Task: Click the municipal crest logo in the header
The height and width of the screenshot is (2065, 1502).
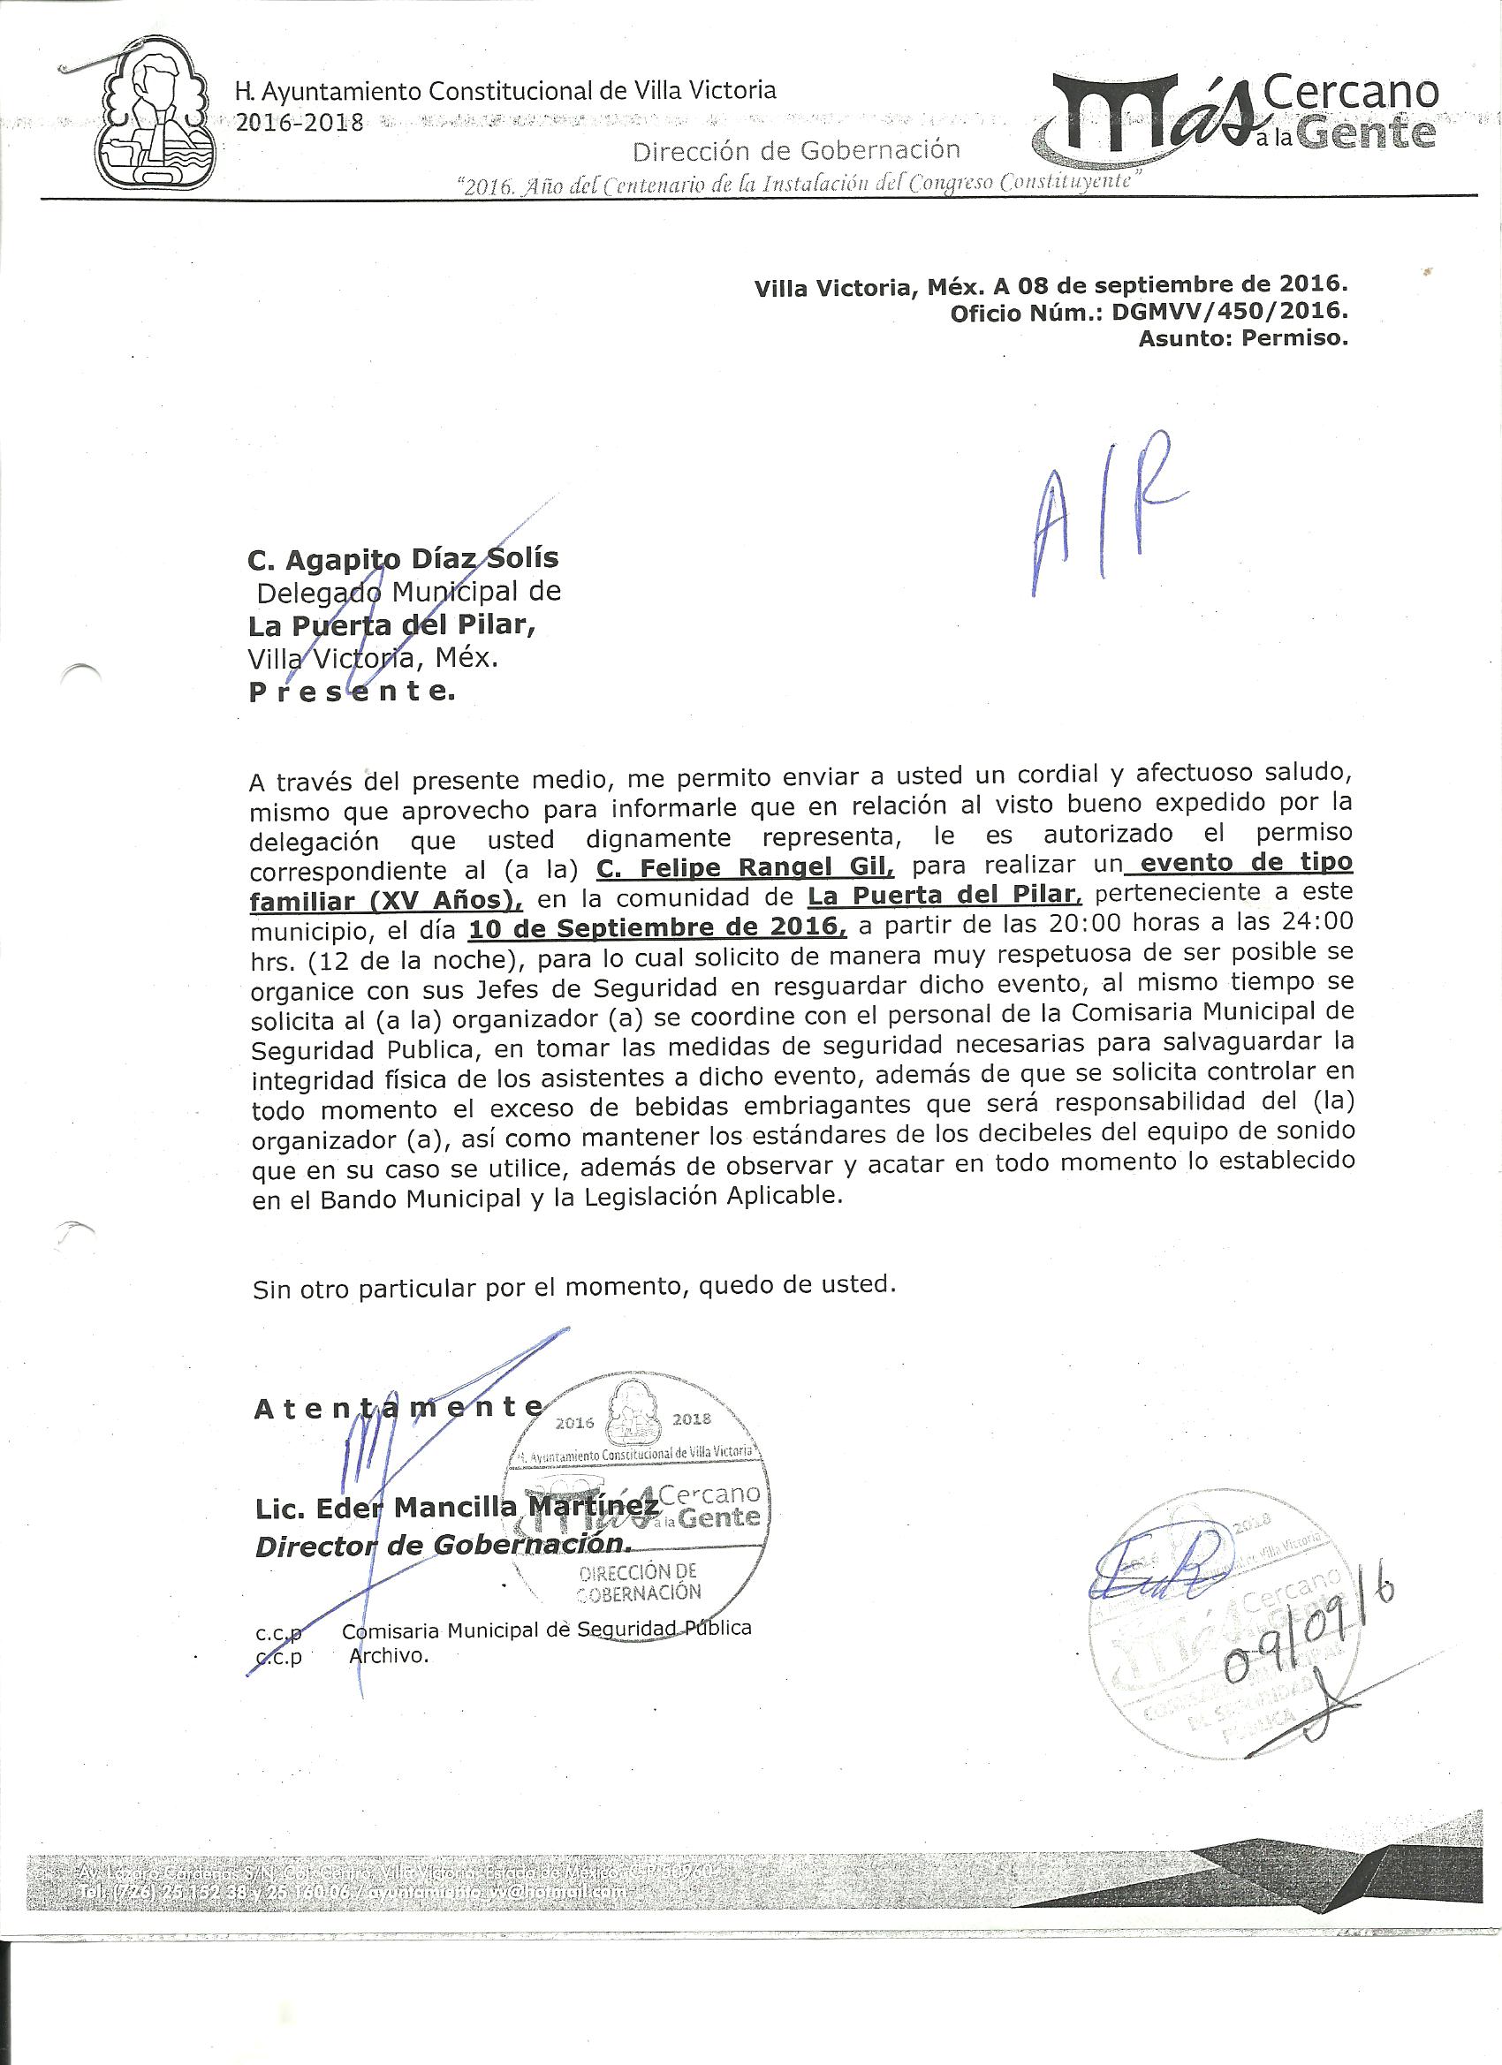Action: tap(156, 119)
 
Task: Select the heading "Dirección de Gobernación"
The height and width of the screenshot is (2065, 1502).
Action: tap(795, 150)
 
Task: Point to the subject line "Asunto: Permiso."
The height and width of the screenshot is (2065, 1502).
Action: tap(1241, 341)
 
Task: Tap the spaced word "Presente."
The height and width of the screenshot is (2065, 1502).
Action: tap(351, 692)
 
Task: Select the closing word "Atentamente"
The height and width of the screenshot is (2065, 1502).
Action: tap(399, 1408)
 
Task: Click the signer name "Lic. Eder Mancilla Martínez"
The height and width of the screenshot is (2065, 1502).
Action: tap(459, 1509)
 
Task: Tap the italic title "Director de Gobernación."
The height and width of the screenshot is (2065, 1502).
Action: tap(443, 1546)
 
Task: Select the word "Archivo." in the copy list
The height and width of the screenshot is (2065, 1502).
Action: tap(388, 1656)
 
